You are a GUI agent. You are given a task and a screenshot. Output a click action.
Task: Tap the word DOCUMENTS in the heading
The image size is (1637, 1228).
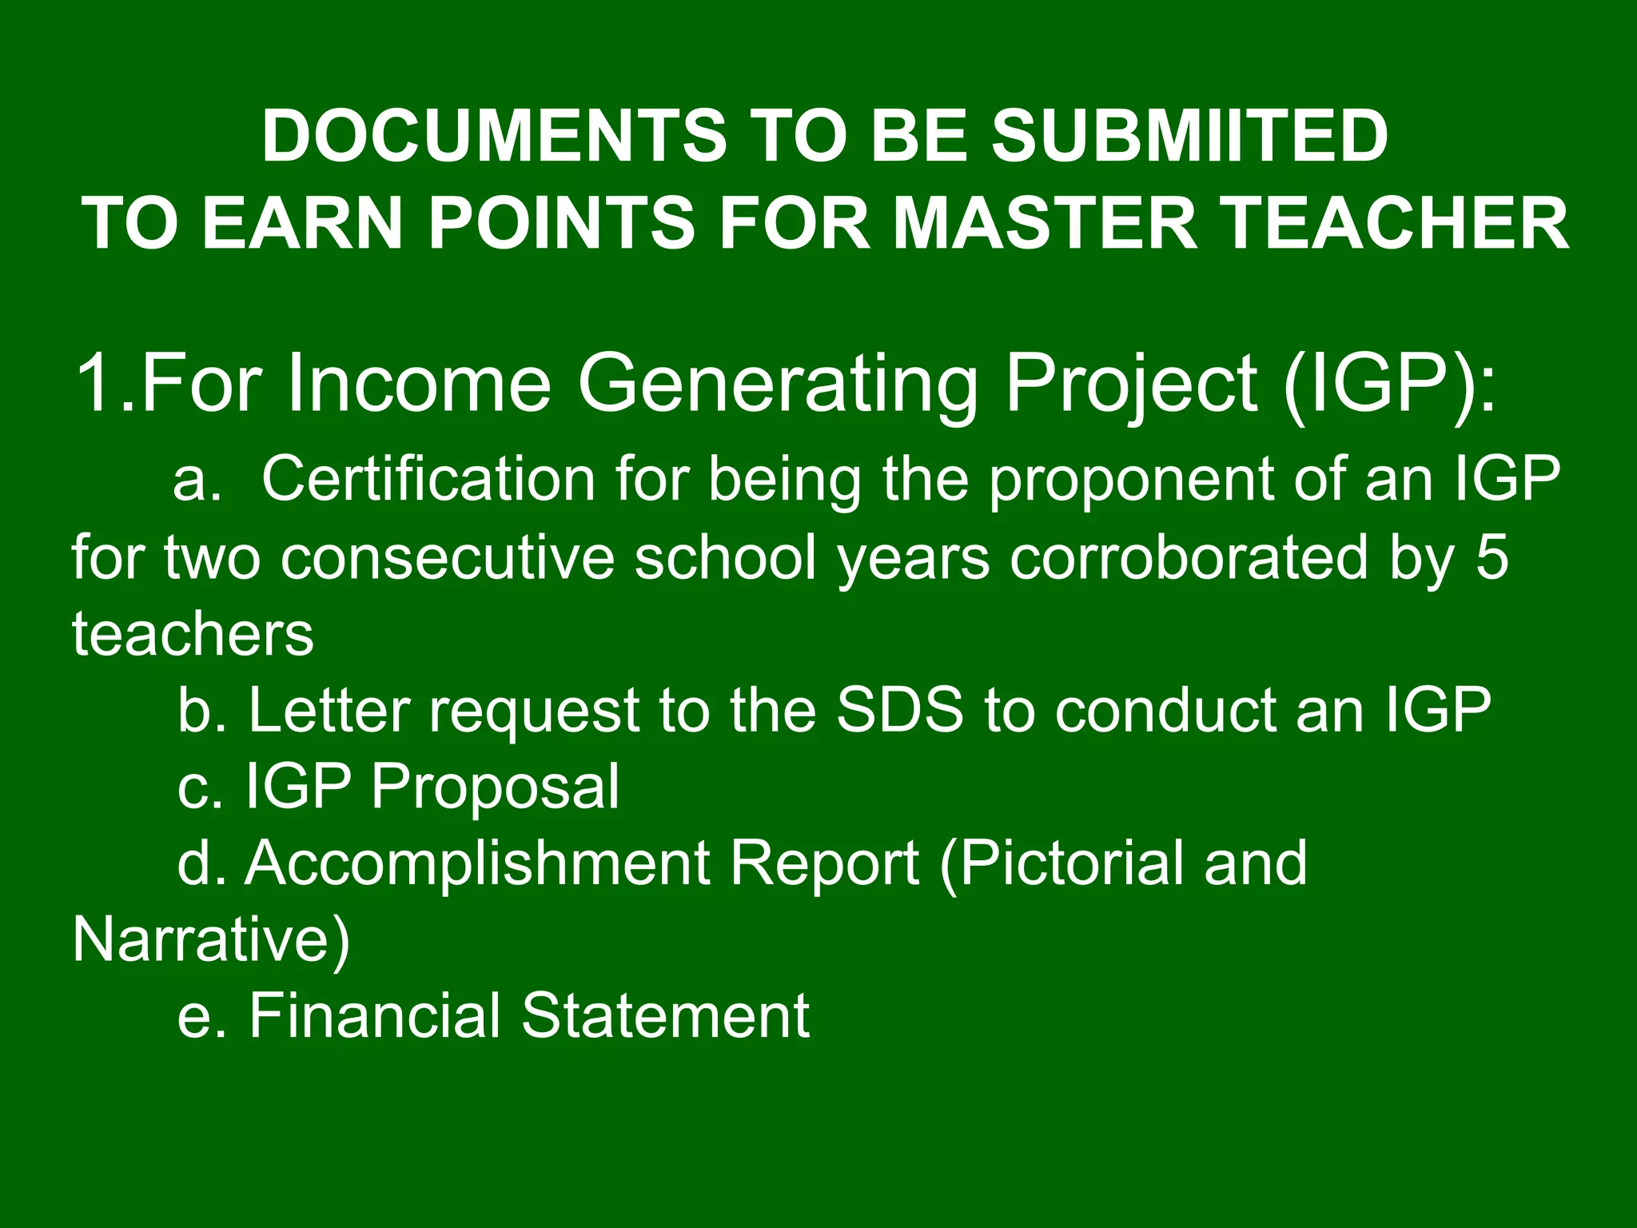pyautogui.click(x=494, y=136)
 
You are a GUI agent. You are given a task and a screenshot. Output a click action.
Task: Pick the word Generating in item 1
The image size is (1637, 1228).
pyautogui.click(x=777, y=384)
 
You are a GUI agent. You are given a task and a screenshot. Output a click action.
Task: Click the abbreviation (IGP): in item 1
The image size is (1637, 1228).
pyautogui.click(x=1389, y=385)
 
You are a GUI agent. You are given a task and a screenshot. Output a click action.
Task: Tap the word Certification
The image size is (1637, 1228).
pyautogui.click(x=428, y=479)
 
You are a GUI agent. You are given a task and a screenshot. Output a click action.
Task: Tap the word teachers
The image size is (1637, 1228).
pyautogui.click(x=193, y=634)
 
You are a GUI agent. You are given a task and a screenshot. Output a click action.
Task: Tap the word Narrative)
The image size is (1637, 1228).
pyautogui.click(x=211, y=940)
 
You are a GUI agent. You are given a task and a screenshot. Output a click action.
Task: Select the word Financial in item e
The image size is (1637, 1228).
pyautogui.click(x=374, y=1015)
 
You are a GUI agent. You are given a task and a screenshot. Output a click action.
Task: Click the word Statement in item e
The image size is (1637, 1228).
pyautogui.click(x=666, y=1015)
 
